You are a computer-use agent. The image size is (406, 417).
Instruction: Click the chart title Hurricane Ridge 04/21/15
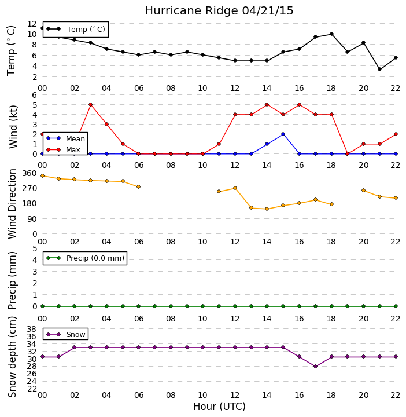pos(219,11)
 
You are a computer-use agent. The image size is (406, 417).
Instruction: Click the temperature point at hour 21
pos(379,69)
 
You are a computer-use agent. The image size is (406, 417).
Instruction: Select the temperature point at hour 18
pos(331,34)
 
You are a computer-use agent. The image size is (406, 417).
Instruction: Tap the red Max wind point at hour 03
pos(91,104)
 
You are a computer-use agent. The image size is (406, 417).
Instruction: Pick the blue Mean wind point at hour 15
pos(283,134)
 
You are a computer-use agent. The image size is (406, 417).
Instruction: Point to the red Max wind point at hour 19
pos(347,153)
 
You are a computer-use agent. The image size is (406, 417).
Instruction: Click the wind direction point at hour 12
pos(235,188)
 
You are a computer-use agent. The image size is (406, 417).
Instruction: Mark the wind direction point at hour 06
pos(138,186)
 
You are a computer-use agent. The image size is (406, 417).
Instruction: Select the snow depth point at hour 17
pos(315,366)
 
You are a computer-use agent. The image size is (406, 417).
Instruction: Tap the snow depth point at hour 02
pos(75,348)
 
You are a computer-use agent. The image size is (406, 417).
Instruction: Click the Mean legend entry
pos(65,138)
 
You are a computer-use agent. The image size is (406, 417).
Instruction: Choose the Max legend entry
pos(63,150)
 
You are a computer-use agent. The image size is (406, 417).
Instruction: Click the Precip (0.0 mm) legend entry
pos(85,258)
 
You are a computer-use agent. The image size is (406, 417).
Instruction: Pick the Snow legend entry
pos(65,334)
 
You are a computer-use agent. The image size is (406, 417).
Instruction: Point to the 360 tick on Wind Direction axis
pos(29,173)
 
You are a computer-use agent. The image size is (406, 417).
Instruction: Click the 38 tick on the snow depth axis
pos(32,329)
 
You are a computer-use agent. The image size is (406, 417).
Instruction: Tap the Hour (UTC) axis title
pos(219,407)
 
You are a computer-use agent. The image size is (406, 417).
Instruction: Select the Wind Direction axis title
pos(12,204)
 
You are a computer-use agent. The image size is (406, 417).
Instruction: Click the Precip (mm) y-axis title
pos(12,280)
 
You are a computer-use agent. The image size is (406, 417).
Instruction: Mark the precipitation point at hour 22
pos(396,306)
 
